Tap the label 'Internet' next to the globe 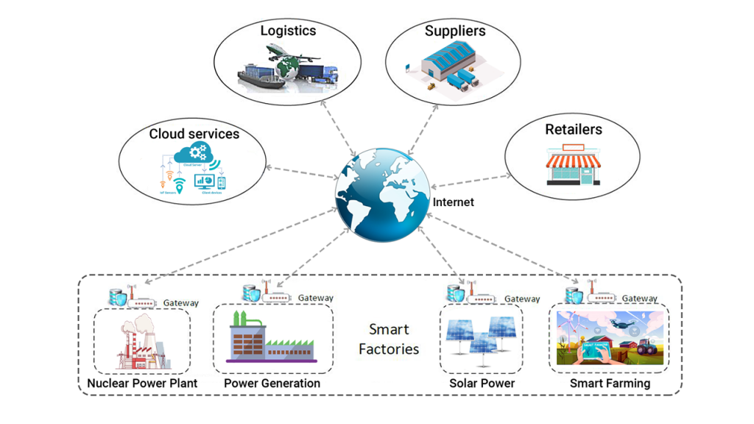pos(453,202)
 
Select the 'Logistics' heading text pos(288,31)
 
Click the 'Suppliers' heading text pos(455,31)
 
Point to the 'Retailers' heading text pos(573,130)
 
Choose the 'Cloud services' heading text pos(194,134)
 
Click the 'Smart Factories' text pos(389,339)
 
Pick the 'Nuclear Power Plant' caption pos(141,384)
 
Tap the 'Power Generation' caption pos(272,384)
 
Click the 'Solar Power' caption pos(482,384)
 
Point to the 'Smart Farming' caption pos(610,384)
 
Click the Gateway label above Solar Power pos(522,299)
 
